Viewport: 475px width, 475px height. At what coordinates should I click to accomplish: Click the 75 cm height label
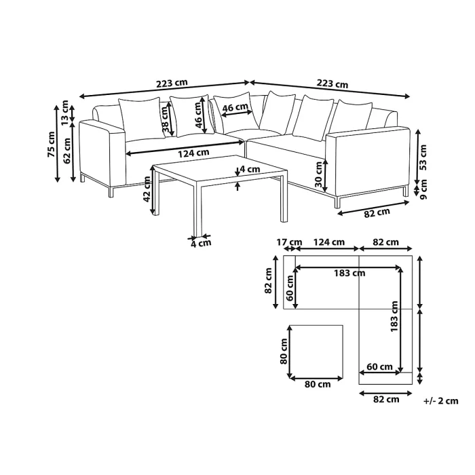point(51,143)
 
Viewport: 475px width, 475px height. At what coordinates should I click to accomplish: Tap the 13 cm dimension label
point(65,111)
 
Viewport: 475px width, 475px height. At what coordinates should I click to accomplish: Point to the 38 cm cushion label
point(165,119)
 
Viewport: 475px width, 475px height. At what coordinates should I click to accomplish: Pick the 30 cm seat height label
point(319,174)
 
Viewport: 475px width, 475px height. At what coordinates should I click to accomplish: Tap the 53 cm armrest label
point(423,157)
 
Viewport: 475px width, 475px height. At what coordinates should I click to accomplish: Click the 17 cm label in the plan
point(289,242)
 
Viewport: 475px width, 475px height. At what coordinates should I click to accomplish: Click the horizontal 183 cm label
point(349,273)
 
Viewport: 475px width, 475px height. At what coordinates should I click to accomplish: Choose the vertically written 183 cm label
point(394,316)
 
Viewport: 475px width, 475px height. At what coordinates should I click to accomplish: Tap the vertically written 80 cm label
point(283,352)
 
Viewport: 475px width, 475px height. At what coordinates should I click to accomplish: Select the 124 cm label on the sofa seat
point(193,153)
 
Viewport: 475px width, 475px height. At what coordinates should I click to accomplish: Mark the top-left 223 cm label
point(172,83)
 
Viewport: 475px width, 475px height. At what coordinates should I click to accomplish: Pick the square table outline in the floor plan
point(316,352)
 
